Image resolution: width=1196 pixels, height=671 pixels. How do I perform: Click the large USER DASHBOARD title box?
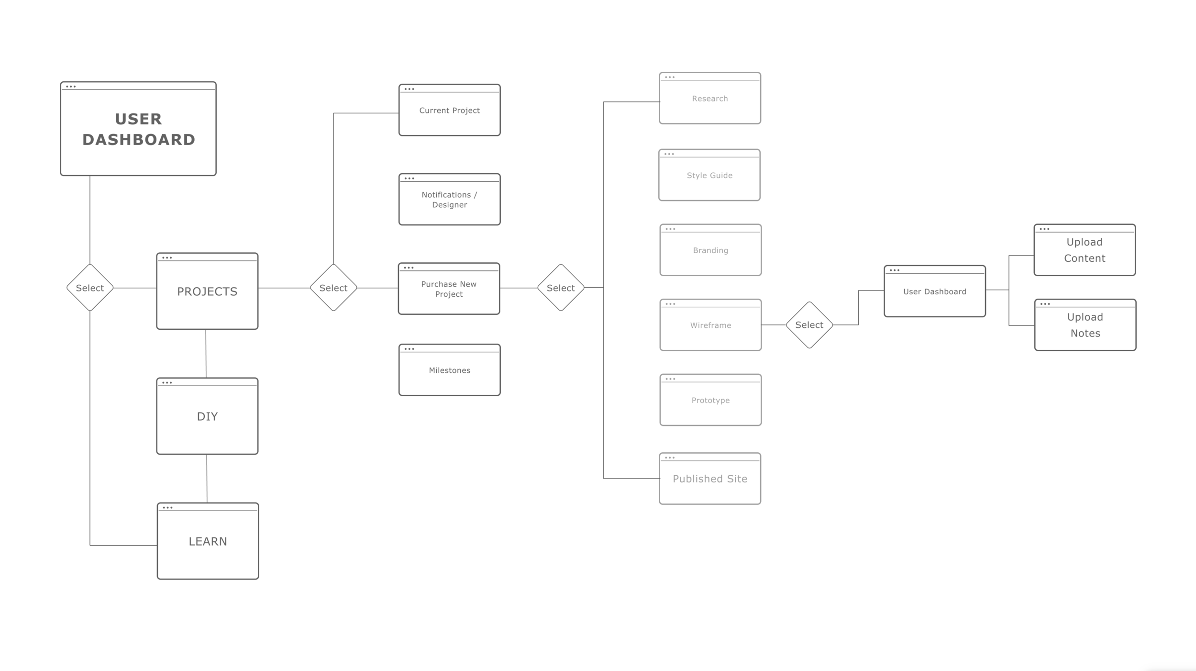pos(138,129)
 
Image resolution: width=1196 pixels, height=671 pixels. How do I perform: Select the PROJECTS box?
pos(207,291)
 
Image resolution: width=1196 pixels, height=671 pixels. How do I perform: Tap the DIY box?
pos(207,416)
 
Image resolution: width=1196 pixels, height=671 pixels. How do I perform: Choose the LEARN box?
pos(208,541)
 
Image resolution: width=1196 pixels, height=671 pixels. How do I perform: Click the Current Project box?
pos(449,110)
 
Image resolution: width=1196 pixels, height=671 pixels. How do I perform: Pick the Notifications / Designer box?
pos(449,200)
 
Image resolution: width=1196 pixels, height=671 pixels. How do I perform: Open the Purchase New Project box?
pos(449,289)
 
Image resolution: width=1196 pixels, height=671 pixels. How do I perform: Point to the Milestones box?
pos(449,370)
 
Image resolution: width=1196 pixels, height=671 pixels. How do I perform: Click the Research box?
pos(709,98)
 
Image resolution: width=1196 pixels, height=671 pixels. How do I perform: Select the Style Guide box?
pos(709,175)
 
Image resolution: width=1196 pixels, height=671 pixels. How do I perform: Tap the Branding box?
pos(710,250)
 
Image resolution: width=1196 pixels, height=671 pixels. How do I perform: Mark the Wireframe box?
pos(710,325)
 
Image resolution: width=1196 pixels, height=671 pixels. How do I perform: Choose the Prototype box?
pos(710,400)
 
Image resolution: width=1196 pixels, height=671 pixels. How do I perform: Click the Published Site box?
pos(710,479)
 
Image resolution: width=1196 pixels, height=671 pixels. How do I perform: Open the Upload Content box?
pos(1085,250)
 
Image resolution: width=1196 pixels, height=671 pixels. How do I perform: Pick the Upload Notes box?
pos(1085,325)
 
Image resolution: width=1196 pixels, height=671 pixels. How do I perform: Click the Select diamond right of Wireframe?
pos(809,325)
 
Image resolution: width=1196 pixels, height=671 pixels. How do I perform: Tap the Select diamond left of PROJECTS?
pos(90,288)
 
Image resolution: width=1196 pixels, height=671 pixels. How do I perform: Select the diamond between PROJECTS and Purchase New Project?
pos(333,288)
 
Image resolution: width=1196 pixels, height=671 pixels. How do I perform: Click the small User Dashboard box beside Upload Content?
pos(934,291)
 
